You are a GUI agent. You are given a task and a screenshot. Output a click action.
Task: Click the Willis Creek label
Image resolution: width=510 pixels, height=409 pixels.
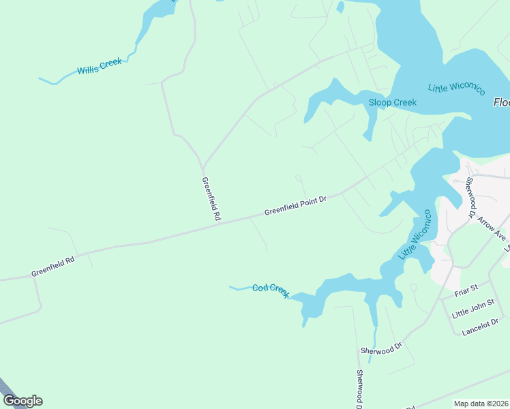99,66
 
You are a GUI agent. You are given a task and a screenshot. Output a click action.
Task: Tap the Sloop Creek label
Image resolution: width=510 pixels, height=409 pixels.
392,103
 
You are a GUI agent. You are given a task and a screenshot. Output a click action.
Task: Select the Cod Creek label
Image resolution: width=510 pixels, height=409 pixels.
271,289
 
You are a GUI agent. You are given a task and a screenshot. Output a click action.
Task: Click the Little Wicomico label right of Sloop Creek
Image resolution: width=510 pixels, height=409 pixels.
456,89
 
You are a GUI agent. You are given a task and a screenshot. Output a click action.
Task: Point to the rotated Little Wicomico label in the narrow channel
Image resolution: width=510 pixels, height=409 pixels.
416,235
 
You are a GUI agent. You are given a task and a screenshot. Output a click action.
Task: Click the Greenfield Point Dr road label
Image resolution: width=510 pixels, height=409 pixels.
296,206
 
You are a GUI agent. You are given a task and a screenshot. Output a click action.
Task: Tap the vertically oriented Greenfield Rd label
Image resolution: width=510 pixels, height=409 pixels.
211,198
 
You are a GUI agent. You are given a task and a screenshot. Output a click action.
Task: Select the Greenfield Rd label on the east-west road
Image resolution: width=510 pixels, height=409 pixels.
52,266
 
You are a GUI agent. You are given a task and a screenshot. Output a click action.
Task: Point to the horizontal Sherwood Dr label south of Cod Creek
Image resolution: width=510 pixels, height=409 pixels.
382,348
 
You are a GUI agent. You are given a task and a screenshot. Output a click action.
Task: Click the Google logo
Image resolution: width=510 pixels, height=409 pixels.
22,400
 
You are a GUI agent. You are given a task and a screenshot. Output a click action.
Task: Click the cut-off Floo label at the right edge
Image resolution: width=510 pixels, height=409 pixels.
501,102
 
